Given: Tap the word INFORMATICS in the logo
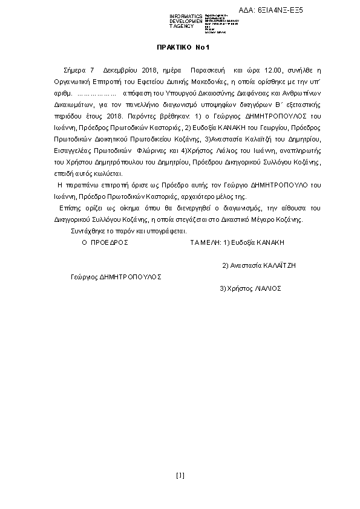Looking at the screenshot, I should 186,16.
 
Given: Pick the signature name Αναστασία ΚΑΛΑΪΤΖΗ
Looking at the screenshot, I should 262,265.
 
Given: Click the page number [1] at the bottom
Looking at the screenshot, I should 180,475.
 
